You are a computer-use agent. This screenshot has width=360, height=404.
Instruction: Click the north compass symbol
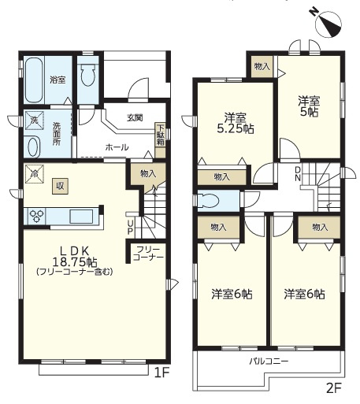tap(328, 23)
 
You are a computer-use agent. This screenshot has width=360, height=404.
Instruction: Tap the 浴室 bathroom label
tap(58, 80)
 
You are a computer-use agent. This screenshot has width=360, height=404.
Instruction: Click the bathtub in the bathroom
tap(34, 80)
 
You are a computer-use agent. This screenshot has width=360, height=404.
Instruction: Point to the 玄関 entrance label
tap(135, 118)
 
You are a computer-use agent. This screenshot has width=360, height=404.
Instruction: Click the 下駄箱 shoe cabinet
tap(161, 139)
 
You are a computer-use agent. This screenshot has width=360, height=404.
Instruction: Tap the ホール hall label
tap(117, 147)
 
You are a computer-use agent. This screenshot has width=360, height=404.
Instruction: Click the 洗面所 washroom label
tap(57, 134)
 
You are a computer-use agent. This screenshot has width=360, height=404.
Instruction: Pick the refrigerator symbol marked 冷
tap(34, 173)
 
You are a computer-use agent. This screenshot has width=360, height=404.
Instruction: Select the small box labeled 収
tap(60, 186)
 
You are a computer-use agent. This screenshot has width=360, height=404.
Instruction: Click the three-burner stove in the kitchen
tap(35, 216)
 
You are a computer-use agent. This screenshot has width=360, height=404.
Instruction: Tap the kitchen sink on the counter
tap(81, 217)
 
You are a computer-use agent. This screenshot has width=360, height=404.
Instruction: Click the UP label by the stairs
tap(131, 228)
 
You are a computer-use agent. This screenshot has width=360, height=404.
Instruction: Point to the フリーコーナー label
tap(148, 254)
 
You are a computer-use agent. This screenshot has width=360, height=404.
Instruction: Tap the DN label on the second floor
tap(298, 173)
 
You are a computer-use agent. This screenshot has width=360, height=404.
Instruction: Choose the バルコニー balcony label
tap(269, 361)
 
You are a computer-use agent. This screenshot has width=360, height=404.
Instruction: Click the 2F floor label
tap(333, 395)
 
